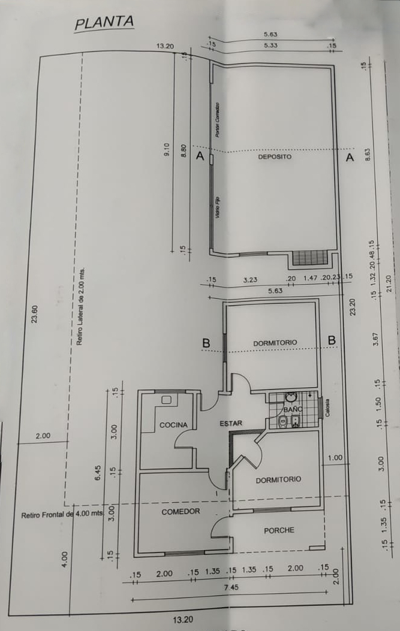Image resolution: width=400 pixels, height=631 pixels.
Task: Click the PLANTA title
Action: coord(104,23)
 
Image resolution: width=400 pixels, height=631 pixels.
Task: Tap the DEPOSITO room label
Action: coord(275,156)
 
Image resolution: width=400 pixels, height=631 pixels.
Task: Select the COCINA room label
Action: coord(173,425)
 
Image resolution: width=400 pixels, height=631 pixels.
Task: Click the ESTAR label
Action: coord(231,423)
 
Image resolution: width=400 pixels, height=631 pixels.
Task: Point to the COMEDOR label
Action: coord(181,512)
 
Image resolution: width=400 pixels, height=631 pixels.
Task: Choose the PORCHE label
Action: coord(279,530)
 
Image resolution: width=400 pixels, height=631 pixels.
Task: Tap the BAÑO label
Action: coord(293,409)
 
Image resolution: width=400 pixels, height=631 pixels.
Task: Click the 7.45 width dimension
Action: coord(231,588)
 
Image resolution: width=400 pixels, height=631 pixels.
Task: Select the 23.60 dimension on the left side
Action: coord(34,314)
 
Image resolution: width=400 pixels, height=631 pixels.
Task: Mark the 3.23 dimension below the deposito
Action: coord(250,279)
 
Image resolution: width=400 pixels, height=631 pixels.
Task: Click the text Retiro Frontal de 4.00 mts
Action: coord(62,514)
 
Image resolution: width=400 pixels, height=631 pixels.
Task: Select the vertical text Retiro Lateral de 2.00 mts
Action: coord(80,306)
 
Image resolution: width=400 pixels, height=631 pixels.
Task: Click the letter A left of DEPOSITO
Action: coord(200,157)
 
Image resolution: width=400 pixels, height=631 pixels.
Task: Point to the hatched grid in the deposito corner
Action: coord(309,258)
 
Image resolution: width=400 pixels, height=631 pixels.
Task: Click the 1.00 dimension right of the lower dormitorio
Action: coord(335,458)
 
